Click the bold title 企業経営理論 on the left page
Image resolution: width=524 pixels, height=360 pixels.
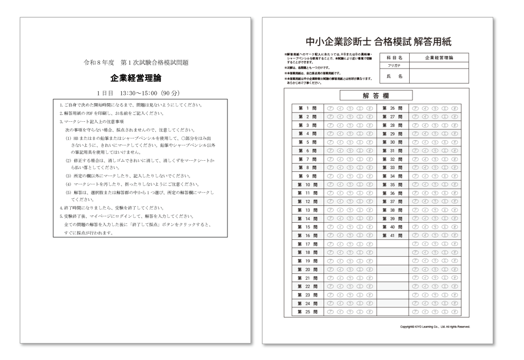tap(136, 78)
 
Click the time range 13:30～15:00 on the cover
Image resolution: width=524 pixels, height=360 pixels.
tap(141, 93)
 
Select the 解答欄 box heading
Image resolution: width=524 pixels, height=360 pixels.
tap(376, 95)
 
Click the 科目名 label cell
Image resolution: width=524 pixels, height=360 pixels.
tap(394, 57)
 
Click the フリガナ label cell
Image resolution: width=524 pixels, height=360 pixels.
tap(394, 65)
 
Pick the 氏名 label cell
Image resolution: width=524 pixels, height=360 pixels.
tap(394, 76)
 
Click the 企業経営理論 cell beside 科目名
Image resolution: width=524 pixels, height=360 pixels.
tap(439, 57)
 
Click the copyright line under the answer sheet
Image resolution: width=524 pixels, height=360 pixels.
tap(435, 327)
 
